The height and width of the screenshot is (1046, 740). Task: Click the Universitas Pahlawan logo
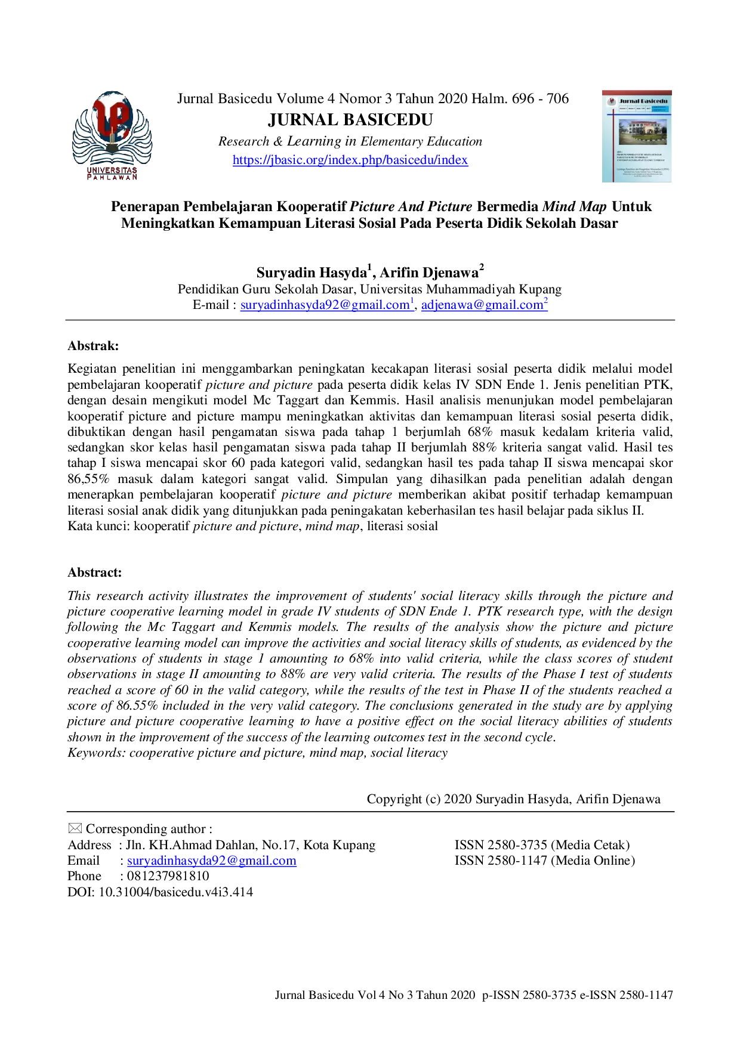pos(112,135)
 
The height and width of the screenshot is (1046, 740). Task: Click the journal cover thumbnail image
pos(637,136)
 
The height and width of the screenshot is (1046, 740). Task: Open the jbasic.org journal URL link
pos(350,160)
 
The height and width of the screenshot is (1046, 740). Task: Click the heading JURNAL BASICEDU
pos(350,120)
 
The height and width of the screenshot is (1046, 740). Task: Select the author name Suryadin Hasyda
pos(312,273)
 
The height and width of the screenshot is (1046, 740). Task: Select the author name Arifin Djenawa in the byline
pos(430,273)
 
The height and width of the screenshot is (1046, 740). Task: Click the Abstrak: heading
pos(93,346)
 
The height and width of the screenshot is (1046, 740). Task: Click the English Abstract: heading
pos(94,572)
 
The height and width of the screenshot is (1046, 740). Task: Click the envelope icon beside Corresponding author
pos(75,828)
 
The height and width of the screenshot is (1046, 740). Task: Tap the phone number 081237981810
pos(168,876)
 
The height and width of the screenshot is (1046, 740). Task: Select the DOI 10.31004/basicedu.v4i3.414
pos(160,892)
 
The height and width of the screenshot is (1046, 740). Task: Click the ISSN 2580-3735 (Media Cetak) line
pos(542,845)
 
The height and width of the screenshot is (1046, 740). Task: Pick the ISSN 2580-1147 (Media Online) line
pos(545,861)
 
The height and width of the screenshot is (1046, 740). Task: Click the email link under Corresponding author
pos(212,861)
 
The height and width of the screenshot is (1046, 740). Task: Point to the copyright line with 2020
pos(514,799)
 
